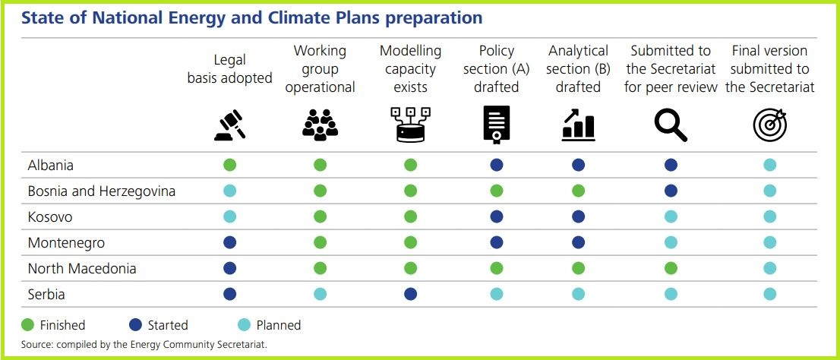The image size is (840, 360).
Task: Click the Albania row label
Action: [x=50, y=165]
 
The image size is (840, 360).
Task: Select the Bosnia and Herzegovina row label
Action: [x=101, y=191]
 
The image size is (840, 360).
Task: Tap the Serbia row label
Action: [x=47, y=293]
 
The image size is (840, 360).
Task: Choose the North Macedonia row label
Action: [x=82, y=268]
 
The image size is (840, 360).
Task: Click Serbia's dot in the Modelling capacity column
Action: [x=410, y=294]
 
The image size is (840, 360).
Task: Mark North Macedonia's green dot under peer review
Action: [x=670, y=268]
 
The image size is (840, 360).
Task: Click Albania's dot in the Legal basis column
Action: [x=229, y=165]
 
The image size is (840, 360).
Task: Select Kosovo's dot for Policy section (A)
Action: [x=496, y=216]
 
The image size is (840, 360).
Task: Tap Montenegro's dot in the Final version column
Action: [x=769, y=242]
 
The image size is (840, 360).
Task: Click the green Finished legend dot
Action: [x=28, y=325]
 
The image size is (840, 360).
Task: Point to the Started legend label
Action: [x=167, y=325]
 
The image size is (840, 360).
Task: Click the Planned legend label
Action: [x=278, y=325]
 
